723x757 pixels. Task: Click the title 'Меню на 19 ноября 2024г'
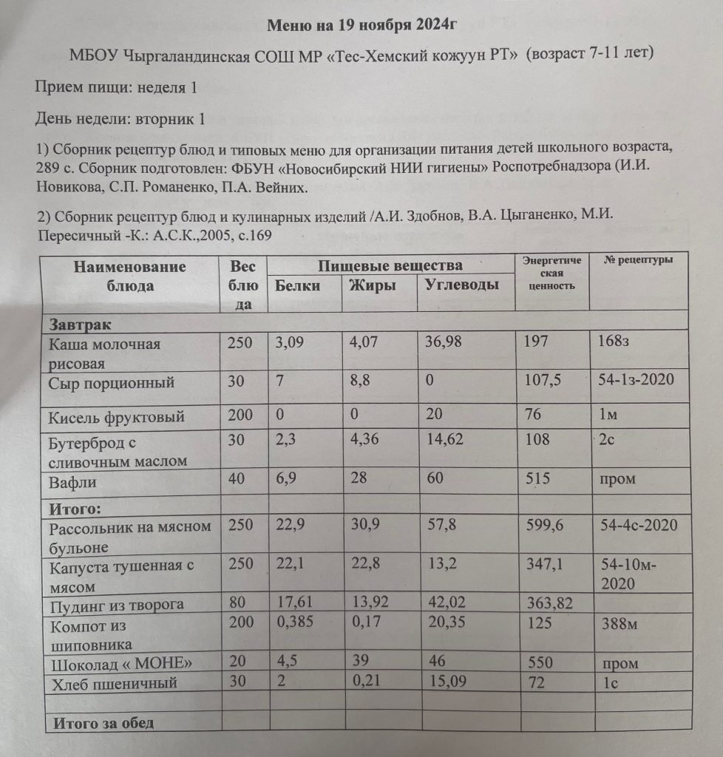tap(361, 25)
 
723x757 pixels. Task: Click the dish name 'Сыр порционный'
tap(111, 383)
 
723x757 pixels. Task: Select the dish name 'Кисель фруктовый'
tap(116, 417)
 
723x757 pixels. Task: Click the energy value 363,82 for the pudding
tap(551, 604)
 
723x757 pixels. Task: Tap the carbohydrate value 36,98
tap(448, 344)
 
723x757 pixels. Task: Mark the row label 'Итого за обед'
tap(102, 722)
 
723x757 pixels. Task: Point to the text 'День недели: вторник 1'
tap(120, 118)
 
